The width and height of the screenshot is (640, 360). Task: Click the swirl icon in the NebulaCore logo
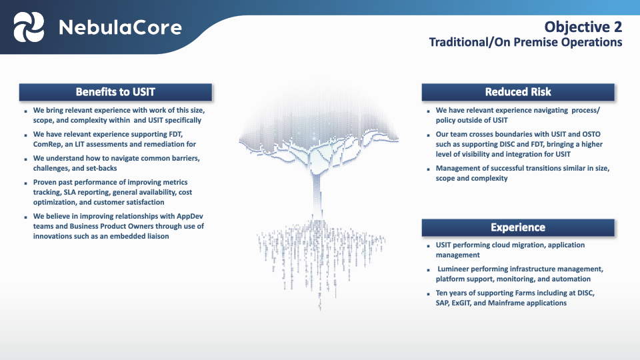tap(29, 27)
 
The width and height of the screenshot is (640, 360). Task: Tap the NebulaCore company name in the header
tap(120, 27)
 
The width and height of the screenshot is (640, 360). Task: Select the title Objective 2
tap(583, 27)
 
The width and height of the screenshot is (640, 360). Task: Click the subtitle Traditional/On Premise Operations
tap(525, 42)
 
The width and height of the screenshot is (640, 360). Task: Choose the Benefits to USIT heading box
tap(115, 92)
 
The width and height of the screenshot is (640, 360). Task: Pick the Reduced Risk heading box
tap(518, 92)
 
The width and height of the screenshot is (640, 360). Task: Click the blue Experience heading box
tap(518, 227)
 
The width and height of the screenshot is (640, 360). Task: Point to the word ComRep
tap(49, 144)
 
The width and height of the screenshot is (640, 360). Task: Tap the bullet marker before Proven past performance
tap(25, 183)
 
